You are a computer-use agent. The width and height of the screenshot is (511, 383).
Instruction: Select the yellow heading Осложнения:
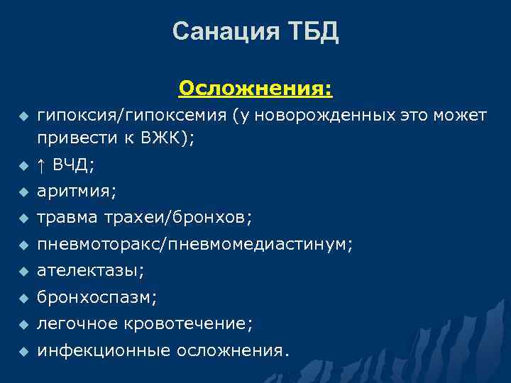(255, 89)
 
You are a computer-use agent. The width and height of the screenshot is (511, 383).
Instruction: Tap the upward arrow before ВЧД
(41, 165)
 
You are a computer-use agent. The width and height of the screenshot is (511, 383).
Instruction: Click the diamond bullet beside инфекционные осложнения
(23, 351)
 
